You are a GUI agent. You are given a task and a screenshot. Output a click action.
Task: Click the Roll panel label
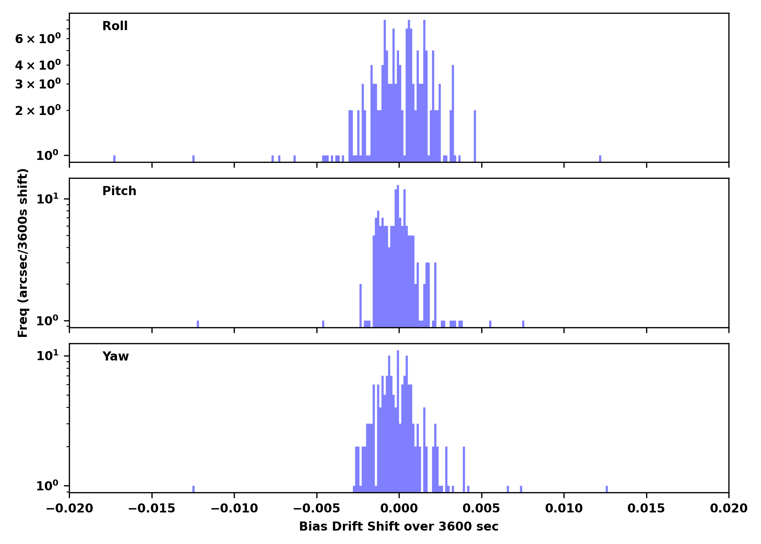tap(115, 26)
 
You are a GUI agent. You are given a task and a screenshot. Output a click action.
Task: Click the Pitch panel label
tap(119, 191)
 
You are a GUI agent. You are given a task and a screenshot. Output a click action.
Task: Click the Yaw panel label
tap(116, 357)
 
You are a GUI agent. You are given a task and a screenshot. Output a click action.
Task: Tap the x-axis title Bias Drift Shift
tap(399, 527)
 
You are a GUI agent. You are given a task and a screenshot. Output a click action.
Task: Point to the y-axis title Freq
tap(23, 253)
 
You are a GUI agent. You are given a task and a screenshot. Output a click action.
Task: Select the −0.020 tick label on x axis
tap(70, 508)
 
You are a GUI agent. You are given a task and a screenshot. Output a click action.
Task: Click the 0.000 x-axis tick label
tap(399, 508)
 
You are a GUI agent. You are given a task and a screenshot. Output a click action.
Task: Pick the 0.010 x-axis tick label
tap(564, 508)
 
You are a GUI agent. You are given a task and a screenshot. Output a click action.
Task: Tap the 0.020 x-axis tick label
tap(728, 508)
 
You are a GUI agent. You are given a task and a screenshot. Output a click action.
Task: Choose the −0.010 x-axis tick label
tap(234, 508)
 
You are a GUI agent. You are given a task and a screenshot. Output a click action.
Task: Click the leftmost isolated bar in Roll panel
tap(115, 158)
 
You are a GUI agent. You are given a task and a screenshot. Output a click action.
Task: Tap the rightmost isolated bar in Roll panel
tap(600, 158)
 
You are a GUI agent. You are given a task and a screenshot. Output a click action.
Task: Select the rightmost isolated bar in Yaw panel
tap(607, 489)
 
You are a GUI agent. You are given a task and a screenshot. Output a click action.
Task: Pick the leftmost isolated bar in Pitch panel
tap(198, 324)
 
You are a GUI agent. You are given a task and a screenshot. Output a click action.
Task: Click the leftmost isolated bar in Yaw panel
tap(194, 489)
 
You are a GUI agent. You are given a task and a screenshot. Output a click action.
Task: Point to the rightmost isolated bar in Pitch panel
tap(523, 324)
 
